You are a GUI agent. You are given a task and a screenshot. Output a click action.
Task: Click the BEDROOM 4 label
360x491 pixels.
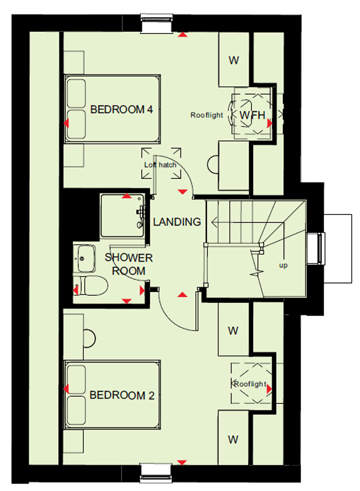pos(121,110)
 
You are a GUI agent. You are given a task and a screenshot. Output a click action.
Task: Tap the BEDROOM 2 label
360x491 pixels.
pos(122,395)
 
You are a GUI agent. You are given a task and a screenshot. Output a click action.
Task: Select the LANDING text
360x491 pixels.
pos(177,222)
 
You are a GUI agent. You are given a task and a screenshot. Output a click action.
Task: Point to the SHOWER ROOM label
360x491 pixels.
pos(129,264)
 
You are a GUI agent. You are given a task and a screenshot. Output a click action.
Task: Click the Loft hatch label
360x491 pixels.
pos(160,165)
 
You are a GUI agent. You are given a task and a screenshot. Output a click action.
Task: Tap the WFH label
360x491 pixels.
pos(253,115)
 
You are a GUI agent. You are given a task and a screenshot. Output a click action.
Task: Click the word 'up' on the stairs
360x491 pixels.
pos(283,265)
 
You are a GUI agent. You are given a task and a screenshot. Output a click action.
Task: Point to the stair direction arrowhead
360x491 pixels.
pos(214,223)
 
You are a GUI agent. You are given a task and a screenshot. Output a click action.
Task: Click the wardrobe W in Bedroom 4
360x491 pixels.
pos(233,60)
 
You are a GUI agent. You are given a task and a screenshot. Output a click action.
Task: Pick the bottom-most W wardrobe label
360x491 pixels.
pos(233,440)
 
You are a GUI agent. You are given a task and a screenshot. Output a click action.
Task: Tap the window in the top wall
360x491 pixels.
pos(157,23)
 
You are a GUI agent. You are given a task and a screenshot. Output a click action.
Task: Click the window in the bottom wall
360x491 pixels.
pos(156,472)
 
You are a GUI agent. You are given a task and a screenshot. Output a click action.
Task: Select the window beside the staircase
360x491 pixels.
pos(316,249)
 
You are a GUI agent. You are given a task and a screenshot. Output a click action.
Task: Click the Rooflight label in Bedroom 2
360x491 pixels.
pos(250,384)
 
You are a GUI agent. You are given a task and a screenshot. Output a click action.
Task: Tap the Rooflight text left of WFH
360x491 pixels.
pos(207,115)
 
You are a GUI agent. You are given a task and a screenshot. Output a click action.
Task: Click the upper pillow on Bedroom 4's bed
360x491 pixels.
pos(76,93)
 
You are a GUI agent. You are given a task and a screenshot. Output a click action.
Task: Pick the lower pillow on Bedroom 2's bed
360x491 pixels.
pos(76,410)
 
